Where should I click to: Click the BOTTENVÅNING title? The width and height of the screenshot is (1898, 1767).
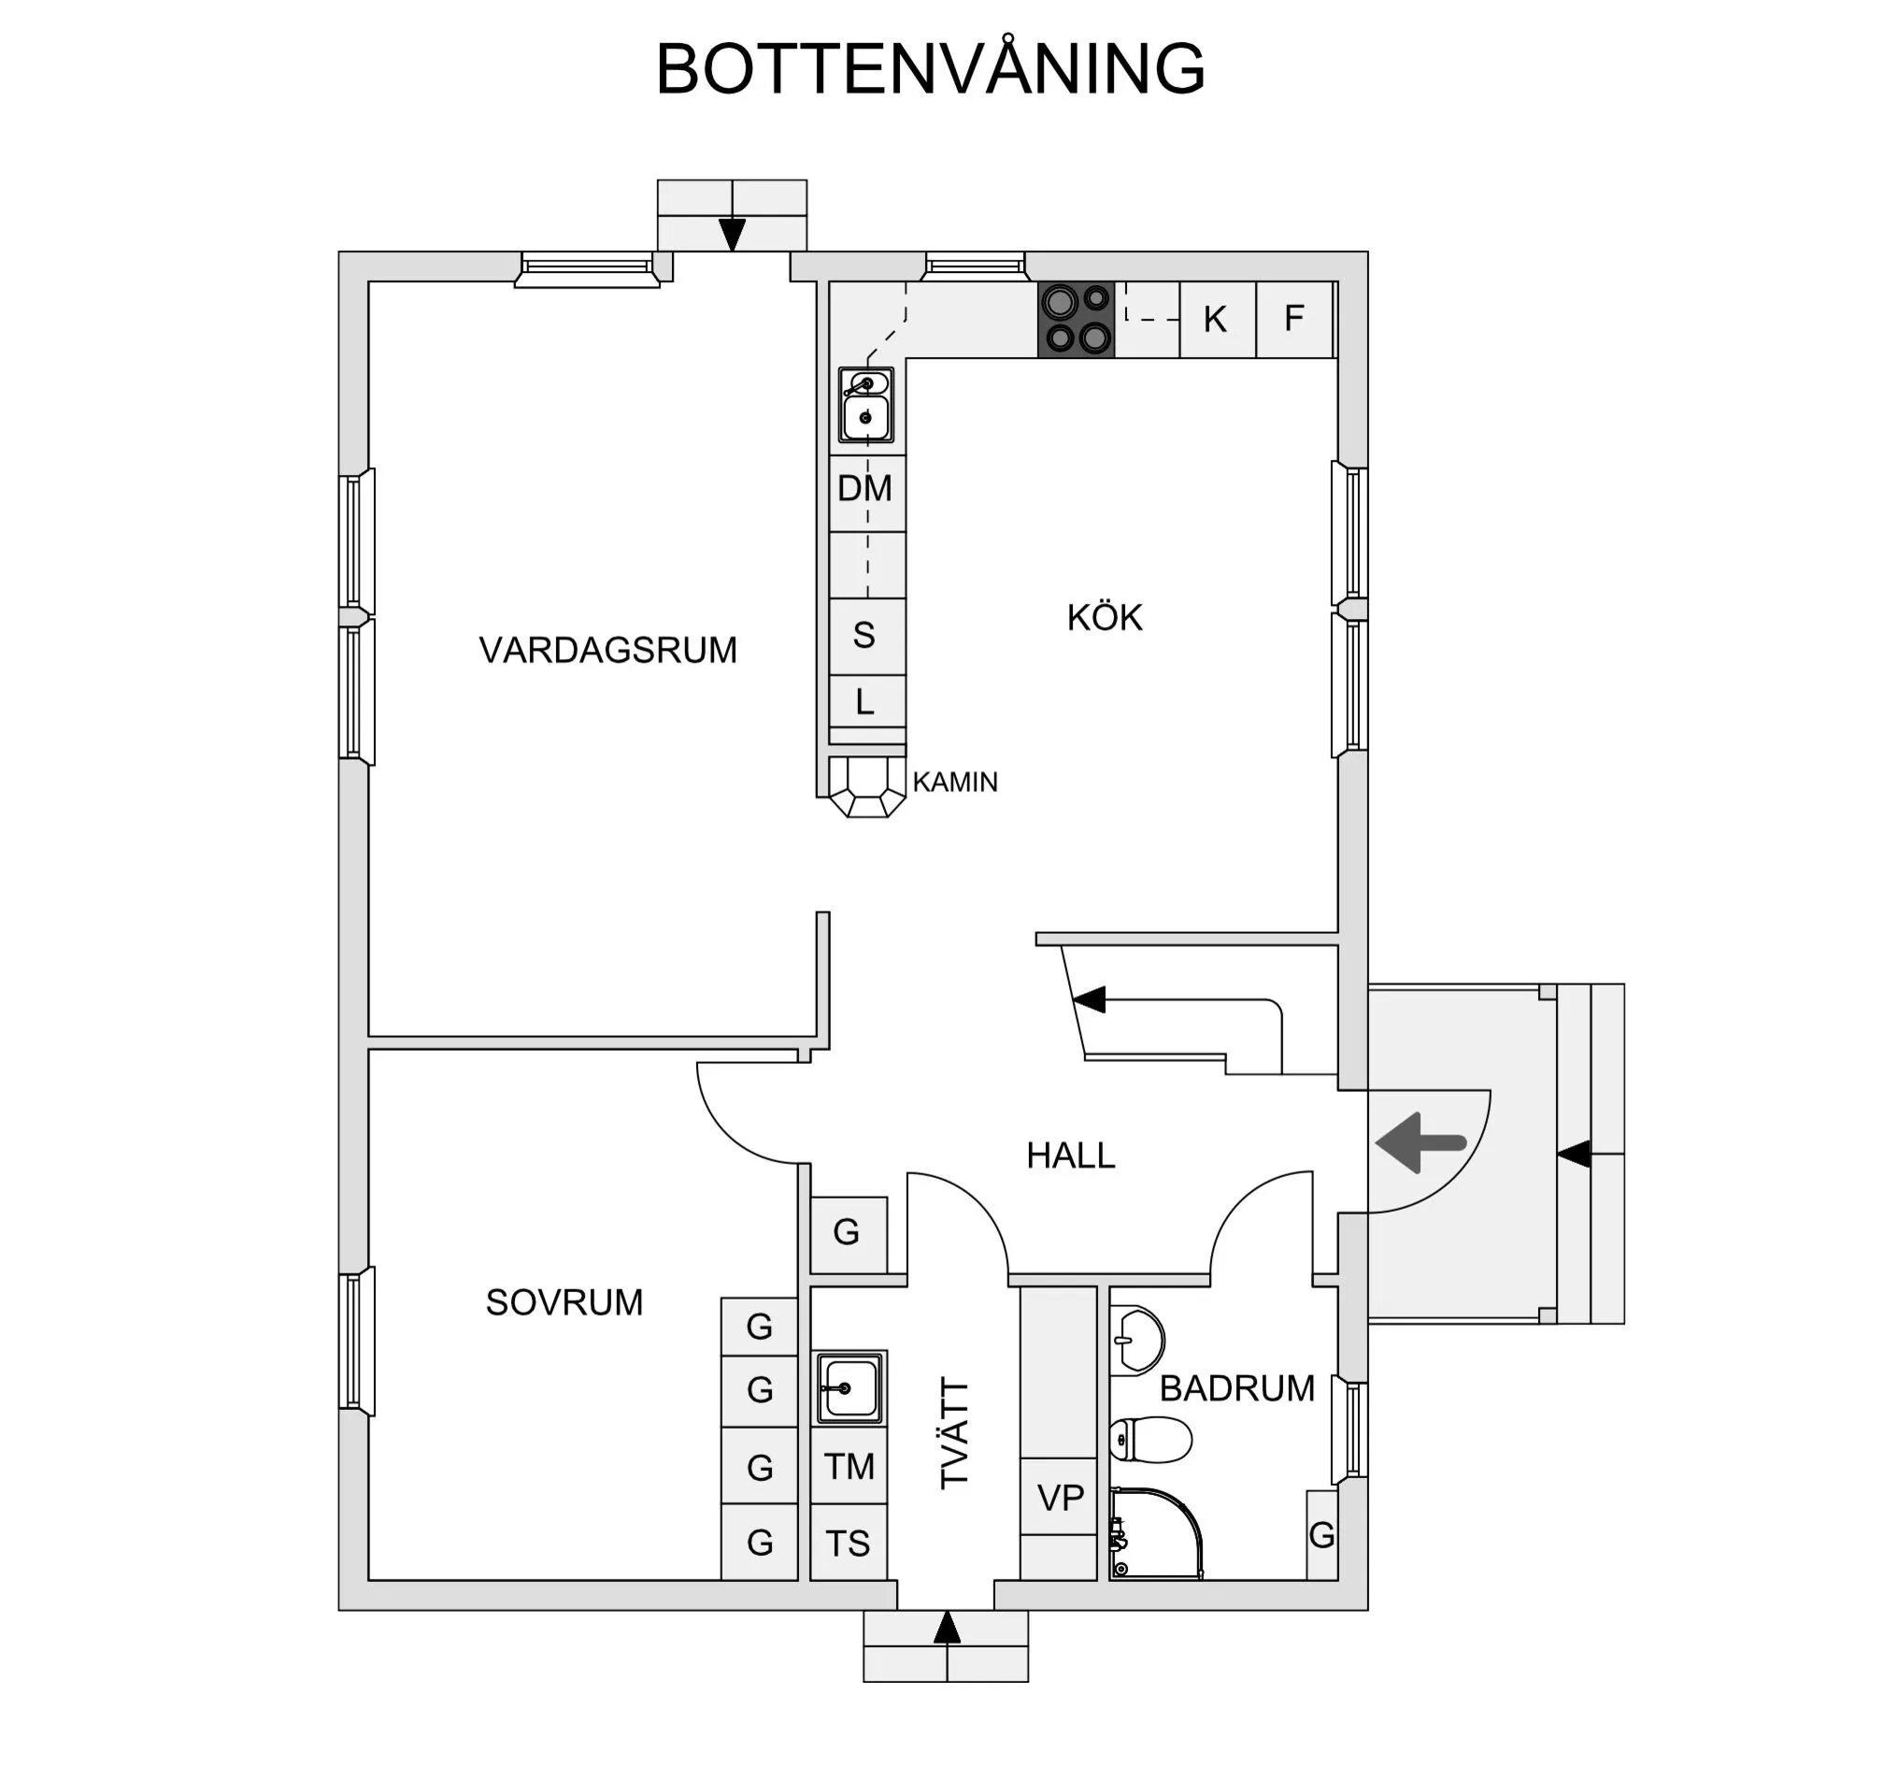point(930,69)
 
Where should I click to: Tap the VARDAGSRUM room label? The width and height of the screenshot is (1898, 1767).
point(607,651)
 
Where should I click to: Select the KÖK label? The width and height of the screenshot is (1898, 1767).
point(1104,618)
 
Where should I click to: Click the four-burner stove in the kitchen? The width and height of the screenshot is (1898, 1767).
point(1076,320)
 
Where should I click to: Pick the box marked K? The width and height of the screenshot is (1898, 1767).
point(1217,320)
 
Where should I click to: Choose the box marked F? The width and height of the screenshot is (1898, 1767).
point(1292,319)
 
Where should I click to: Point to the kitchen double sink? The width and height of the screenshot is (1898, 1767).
point(866,405)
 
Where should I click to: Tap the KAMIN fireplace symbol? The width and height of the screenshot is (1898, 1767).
point(866,786)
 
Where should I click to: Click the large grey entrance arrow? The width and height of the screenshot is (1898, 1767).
point(1420,1142)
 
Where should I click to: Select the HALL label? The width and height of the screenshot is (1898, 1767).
point(1070,1156)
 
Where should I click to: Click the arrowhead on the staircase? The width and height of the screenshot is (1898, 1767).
point(1089,1000)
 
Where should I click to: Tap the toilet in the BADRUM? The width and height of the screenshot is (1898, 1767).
point(1151,1441)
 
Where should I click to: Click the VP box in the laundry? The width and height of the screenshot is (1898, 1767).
point(1059,1498)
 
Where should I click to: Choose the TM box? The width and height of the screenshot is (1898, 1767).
point(849,1466)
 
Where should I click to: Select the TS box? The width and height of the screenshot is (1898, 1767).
point(848,1544)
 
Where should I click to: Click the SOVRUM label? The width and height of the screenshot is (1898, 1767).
point(564,1302)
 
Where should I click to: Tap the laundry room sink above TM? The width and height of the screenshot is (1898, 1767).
point(849,1387)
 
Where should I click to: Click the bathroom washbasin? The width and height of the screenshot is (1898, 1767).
point(1139,1340)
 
